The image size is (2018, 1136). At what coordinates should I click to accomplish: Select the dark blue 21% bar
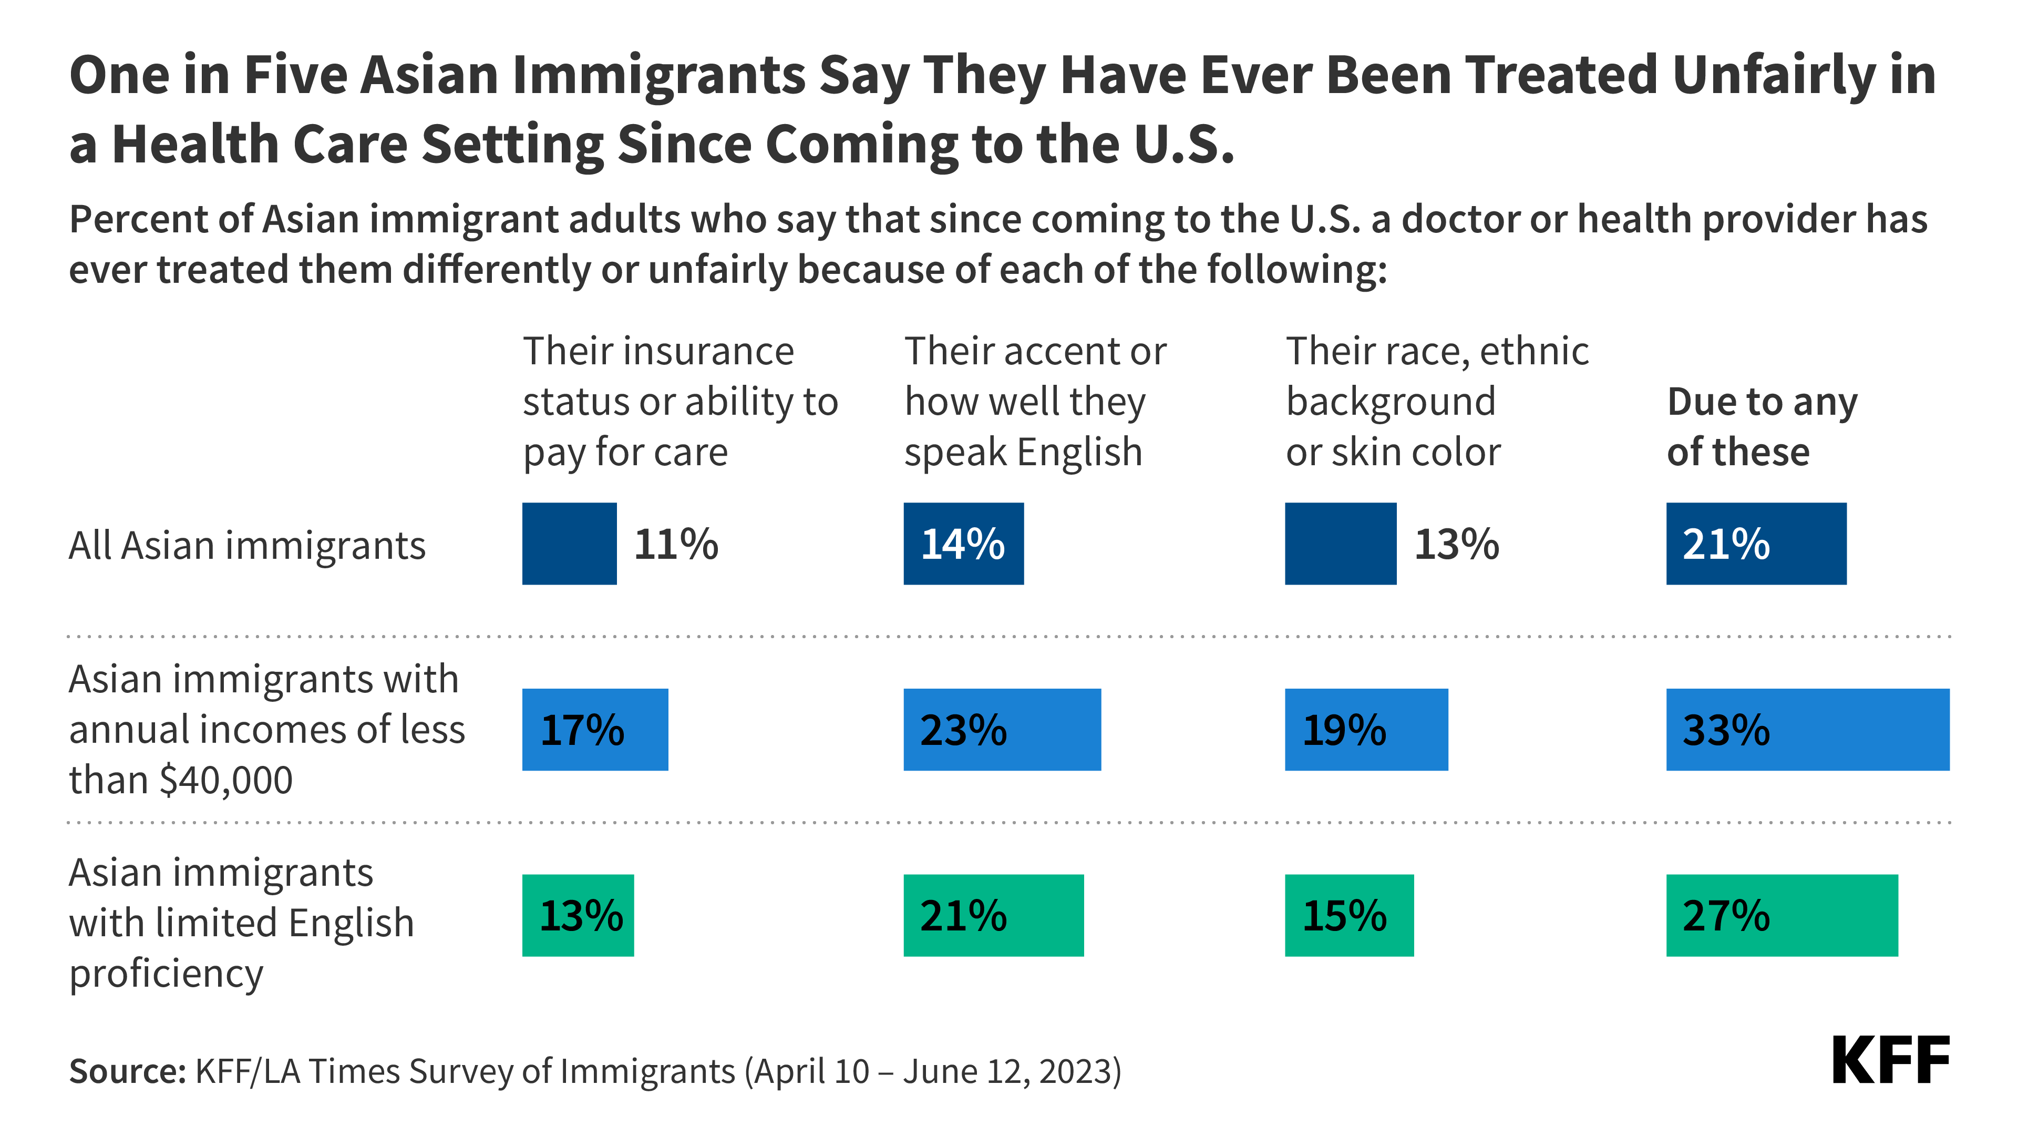(1756, 544)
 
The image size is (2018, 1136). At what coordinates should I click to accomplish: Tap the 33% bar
(1807, 730)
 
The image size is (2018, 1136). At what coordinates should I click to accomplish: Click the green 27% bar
(1782, 915)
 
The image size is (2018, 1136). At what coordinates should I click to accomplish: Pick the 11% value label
(675, 544)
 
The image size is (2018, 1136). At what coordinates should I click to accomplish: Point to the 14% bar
(963, 544)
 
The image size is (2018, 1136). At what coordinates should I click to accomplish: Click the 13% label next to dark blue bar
(1456, 544)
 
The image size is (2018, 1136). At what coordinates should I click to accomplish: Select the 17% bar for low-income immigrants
(594, 730)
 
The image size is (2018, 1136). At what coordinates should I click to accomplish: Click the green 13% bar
(578, 915)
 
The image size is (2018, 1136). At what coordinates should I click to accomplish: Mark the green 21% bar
(993, 915)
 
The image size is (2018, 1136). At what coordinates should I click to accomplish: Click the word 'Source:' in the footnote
(127, 1071)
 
